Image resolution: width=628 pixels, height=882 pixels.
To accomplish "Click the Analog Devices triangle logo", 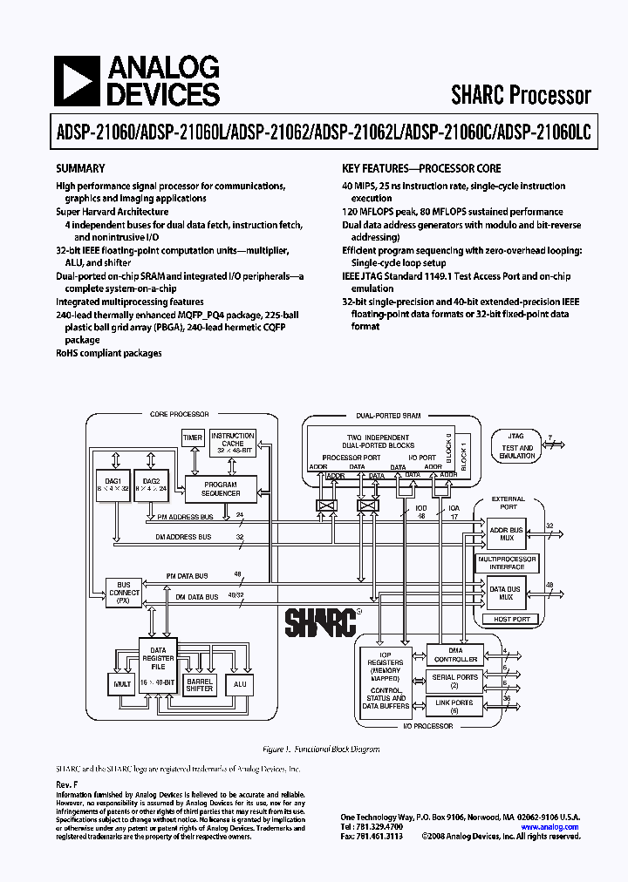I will pos(76,82).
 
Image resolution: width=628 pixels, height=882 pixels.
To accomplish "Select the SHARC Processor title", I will pos(521,95).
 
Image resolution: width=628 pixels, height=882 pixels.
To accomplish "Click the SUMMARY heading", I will pos(80,169).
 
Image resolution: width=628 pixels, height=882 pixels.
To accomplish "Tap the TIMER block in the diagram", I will pos(193,438).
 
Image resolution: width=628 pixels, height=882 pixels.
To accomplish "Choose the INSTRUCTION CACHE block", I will pos(233,443).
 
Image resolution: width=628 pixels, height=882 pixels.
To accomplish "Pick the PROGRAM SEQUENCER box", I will pos(221,489).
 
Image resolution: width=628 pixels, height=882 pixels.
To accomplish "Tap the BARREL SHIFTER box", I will pos(200,684).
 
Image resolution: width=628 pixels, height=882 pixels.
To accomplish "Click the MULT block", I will pos(120,685).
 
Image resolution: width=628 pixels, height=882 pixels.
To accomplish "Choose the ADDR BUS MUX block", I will pos(505,534).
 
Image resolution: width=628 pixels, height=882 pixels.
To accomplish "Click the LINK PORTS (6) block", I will pos(455,706).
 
